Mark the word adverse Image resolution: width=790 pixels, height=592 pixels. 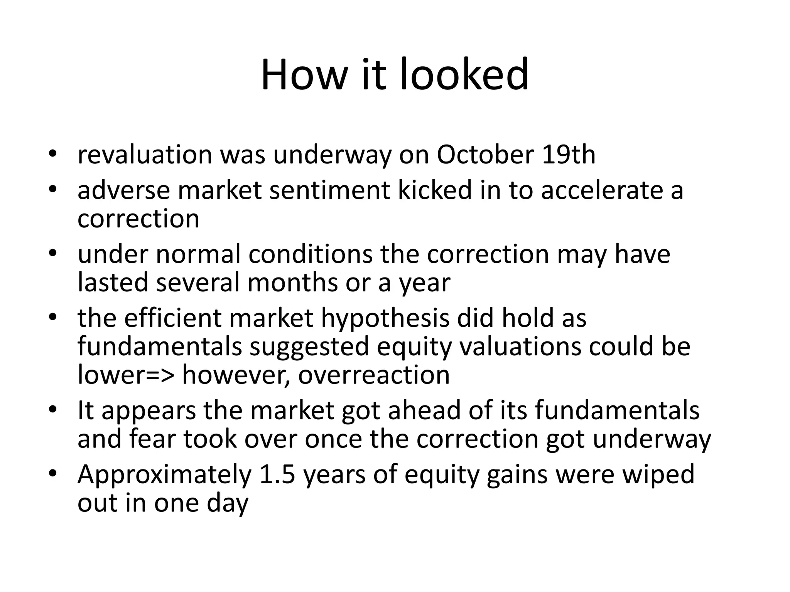click(x=123, y=190)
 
